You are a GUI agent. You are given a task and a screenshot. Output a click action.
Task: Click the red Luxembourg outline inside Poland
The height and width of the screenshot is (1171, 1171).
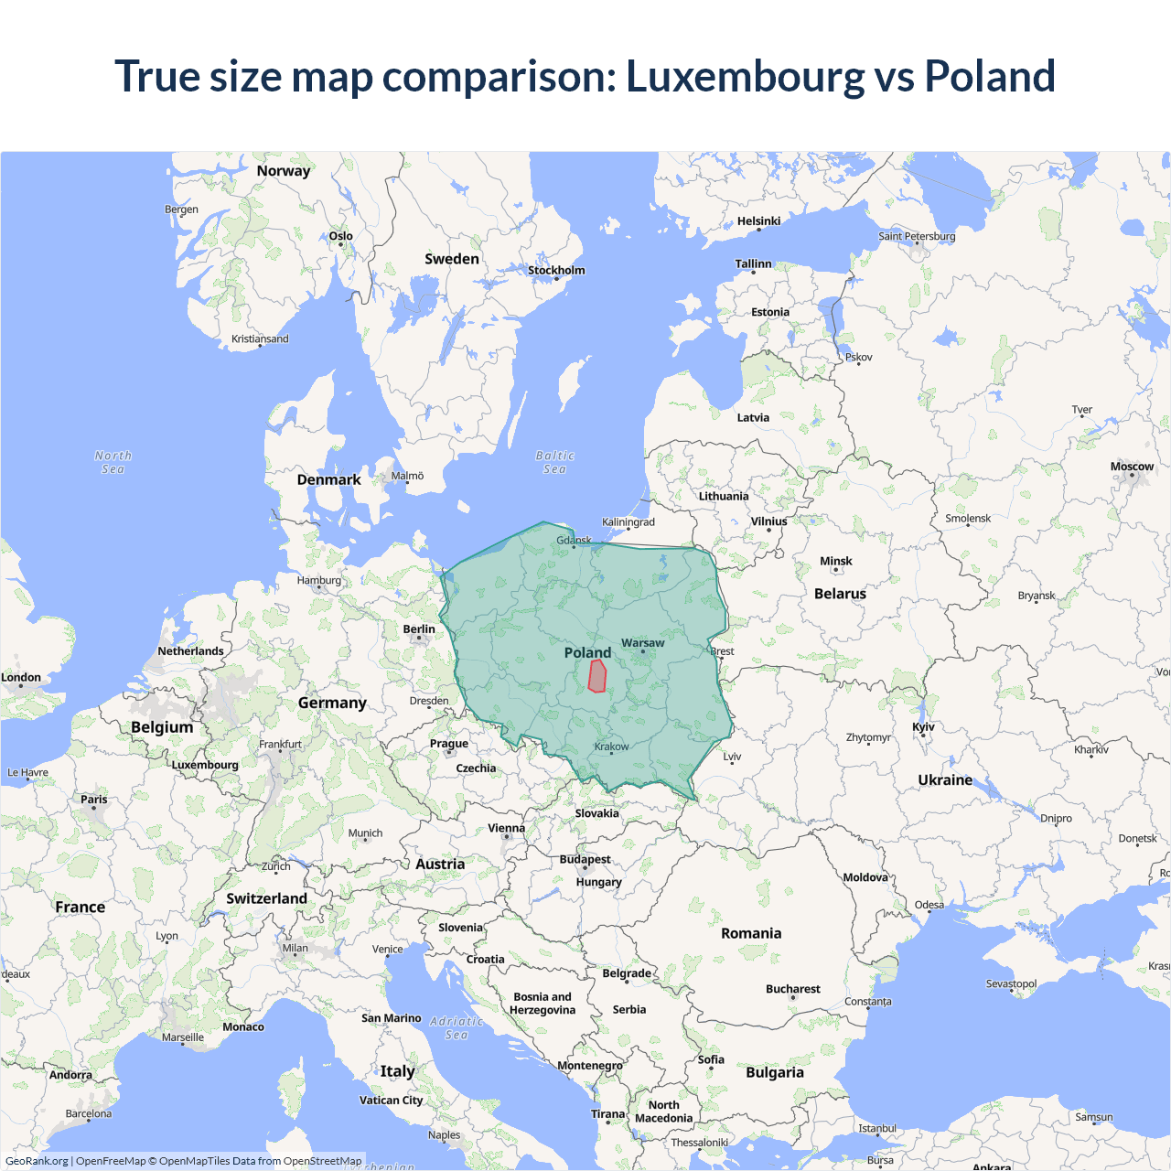pos(597,676)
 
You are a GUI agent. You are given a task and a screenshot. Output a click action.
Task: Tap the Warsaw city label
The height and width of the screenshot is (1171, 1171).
pos(643,643)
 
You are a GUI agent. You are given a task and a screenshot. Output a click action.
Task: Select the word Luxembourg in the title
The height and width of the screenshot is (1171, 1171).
pos(745,77)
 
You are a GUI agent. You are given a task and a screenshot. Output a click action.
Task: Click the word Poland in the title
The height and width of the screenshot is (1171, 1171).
pos(990,77)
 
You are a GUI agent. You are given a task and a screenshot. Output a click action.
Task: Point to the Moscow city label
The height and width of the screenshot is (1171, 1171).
pos(1132,467)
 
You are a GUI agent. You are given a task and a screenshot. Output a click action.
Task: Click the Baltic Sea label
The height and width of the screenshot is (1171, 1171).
pos(554,462)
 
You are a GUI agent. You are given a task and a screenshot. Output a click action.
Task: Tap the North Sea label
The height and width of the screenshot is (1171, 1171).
pos(113,462)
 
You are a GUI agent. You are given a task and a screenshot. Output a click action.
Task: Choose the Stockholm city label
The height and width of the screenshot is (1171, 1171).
pos(556,270)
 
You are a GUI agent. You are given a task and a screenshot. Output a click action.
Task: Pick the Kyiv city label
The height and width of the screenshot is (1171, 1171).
pos(923,727)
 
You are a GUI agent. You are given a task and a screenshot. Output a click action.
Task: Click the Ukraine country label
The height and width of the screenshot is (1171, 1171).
pos(945,780)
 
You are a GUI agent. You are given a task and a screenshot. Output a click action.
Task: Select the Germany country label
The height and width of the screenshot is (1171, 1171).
pos(332,703)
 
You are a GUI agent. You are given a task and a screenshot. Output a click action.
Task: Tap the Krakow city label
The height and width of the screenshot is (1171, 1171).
pos(611,747)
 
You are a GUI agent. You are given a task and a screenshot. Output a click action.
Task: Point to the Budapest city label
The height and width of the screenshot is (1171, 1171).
pos(585,860)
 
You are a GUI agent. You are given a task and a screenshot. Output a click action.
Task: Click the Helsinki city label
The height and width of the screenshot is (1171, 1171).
pos(758,221)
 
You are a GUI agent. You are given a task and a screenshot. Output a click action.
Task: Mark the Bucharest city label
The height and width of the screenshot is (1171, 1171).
pos(792,989)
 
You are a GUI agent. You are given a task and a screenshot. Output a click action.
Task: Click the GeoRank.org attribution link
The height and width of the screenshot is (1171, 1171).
pos(37,1161)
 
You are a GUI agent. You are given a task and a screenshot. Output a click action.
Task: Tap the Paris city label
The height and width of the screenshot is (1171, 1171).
pos(93,800)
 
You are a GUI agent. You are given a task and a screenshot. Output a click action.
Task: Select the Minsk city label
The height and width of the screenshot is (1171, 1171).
pos(835,562)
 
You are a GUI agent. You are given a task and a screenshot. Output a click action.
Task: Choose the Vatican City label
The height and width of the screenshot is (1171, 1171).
pos(391,1101)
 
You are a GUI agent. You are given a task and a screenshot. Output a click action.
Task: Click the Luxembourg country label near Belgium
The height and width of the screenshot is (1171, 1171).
pos(205,765)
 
